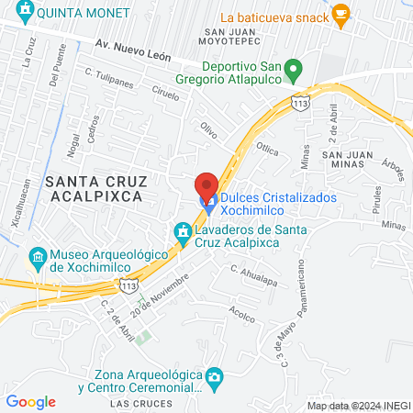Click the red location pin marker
coord(206,184)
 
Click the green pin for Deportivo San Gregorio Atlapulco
coord(293,69)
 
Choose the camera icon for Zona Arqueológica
coord(213,376)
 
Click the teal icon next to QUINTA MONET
coord(25,14)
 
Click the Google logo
coord(30,401)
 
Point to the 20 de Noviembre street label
coord(153,300)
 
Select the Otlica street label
coord(267,149)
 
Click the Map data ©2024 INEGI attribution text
coord(357,405)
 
